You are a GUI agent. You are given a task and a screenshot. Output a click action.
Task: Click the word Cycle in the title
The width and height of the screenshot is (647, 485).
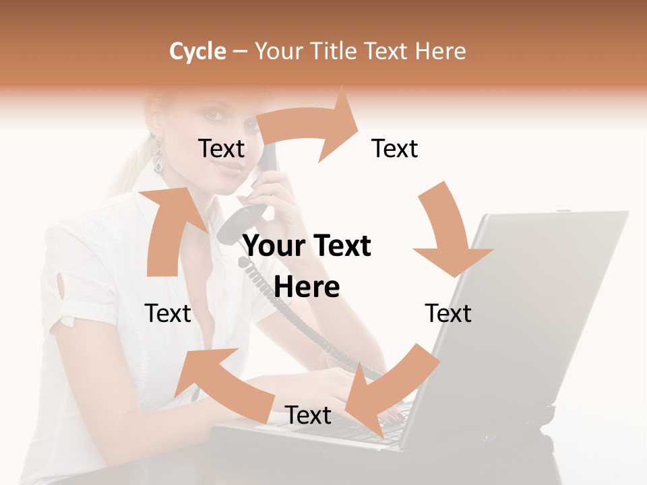[197, 51]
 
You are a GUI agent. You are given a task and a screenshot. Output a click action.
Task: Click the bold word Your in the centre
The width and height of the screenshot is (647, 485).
[274, 247]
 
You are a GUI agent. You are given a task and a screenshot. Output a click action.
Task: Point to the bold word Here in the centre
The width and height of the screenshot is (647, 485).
[307, 287]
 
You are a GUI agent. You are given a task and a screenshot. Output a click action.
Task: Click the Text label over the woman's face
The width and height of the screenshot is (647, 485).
[221, 149]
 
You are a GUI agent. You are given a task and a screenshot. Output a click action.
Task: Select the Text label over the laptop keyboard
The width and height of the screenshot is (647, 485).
[308, 416]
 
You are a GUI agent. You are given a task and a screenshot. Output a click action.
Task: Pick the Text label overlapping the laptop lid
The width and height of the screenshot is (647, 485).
[448, 314]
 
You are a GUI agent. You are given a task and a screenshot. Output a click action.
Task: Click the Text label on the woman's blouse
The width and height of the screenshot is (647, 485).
[168, 314]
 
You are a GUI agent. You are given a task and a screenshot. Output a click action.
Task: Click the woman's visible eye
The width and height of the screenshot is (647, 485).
[215, 116]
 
